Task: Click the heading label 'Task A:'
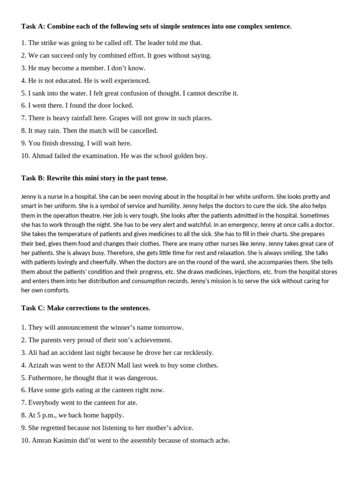33,26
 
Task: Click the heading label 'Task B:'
33,178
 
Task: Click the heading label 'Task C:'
33,308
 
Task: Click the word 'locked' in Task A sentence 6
123,105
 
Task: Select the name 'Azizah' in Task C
38,365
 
